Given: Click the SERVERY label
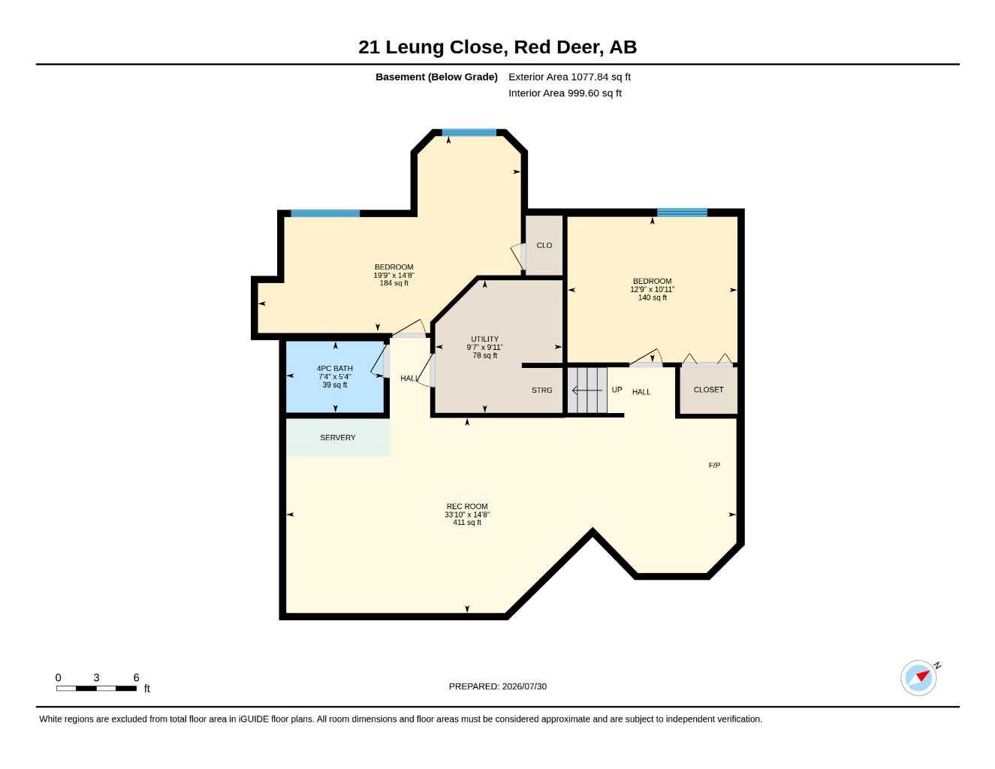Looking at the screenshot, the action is tap(337, 438).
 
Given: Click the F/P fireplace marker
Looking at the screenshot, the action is tap(714, 465).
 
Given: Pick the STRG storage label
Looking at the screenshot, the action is tap(541, 390).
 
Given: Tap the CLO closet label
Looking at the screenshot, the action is tap(544, 246).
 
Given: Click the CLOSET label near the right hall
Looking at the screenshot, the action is tap(708, 390).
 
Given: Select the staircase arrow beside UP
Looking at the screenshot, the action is tap(587, 391).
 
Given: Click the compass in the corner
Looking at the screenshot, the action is tap(918, 678).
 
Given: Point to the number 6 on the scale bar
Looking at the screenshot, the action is tap(136, 677).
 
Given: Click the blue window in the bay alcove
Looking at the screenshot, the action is tap(469, 133).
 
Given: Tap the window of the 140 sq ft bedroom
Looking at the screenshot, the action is tap(683, 213).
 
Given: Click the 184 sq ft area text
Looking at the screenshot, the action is tap(393, 283).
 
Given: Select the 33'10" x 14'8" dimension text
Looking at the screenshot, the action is tap(467, 514).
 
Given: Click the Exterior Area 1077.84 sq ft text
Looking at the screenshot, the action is tap(569, 77).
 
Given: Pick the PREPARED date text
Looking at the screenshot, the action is tap(498, 686).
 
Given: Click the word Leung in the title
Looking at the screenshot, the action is tap(415, 47).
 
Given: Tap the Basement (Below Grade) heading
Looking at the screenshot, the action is tap(436, 77).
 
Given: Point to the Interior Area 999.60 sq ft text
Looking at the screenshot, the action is tap(565, 93).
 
